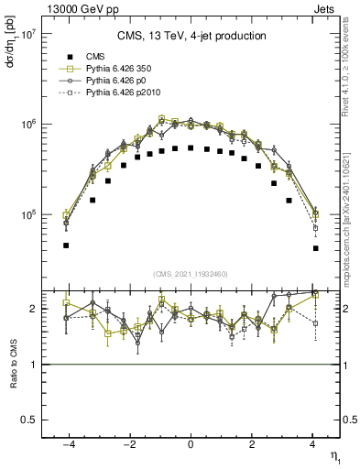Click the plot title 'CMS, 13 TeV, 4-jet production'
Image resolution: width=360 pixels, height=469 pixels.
[x=191, y=36]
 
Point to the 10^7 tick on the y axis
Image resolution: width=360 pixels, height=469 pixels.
[x=28, y=34]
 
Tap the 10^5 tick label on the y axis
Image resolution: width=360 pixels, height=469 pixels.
[x=28, y=214]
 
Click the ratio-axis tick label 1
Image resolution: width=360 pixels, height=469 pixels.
[x=33, y=365]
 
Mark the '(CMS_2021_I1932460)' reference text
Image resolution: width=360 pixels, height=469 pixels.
[x=191, y=274]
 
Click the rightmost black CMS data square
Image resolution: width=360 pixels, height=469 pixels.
[x=315, y=248]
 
